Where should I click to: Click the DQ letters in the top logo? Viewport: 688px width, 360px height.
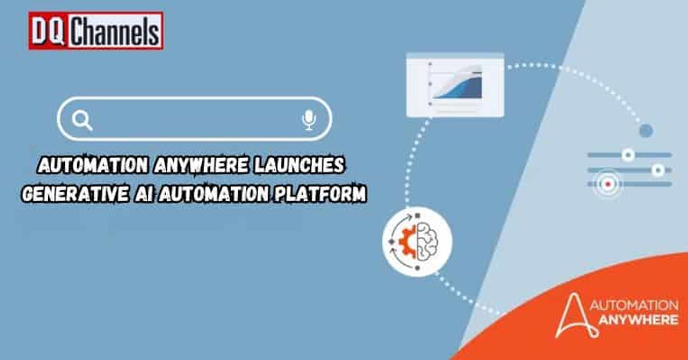point(48,31)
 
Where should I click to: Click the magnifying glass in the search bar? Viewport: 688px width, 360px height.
point(82,120)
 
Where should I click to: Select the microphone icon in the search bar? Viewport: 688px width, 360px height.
point(308,120)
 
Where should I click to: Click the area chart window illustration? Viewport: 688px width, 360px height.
point(455,85)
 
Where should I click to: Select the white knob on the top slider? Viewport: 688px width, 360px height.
point(628,154)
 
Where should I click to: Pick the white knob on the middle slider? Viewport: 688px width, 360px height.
point(658,170)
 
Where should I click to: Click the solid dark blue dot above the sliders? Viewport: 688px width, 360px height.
point(646,131)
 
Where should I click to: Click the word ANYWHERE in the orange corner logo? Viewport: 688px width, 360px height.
point(636,320)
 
